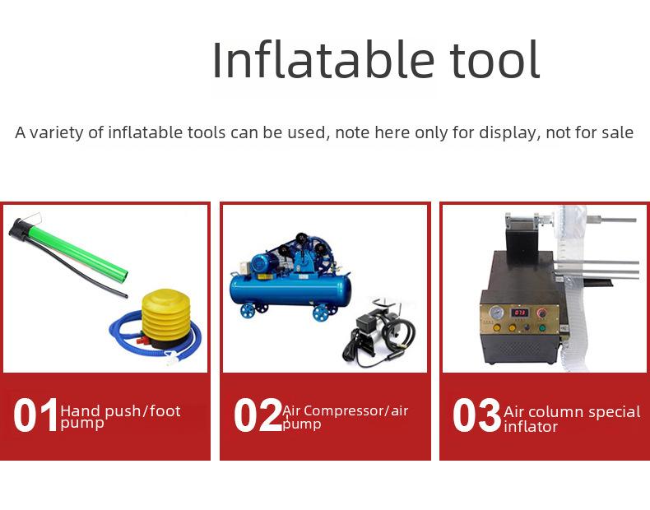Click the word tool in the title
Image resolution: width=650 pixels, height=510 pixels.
[494, 59]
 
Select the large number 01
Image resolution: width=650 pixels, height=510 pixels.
[35, 415]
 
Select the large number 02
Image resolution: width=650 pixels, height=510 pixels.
[258, 415]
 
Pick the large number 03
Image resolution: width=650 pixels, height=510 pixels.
[476, 415]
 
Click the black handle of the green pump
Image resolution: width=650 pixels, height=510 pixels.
[20, 229]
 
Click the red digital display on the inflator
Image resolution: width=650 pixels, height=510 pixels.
[519, 312]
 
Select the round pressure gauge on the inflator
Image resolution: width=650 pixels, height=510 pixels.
[495, 312]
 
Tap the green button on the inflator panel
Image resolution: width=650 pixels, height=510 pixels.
[542, 327]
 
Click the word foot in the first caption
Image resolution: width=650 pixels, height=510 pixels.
[165, 411]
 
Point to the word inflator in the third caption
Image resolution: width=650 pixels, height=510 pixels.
[531, 427]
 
